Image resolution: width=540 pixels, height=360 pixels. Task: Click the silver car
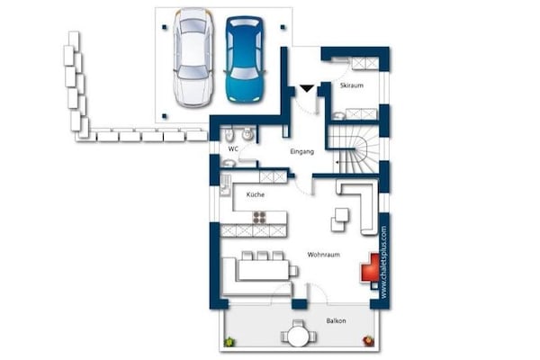pos(192,58)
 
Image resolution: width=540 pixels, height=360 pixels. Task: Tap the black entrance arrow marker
pos(307,87)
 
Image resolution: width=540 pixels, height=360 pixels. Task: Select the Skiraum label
pos(351,85)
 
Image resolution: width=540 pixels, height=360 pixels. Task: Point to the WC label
pos(232,148)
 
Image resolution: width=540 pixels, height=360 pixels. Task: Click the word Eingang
pos(301,153)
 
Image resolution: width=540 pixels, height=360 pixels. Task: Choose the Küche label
pos(254,194)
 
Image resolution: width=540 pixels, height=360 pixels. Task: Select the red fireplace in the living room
pos(370,267)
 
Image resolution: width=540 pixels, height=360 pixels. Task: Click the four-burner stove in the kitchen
pos(260,217)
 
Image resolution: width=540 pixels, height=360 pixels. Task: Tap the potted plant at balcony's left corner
pos(231,341)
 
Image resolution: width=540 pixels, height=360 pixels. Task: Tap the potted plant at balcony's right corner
pos(367,340)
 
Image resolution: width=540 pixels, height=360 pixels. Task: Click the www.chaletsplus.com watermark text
pos(385,262)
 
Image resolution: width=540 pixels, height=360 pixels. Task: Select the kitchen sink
pos(224,188)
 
